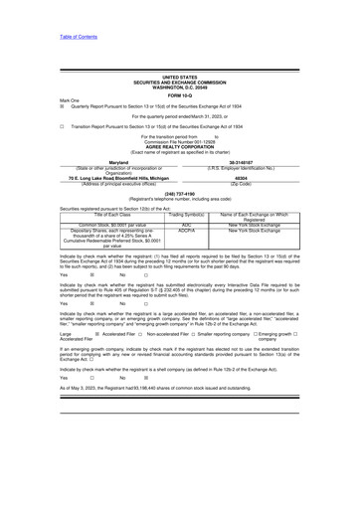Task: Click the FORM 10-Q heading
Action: click(x=179, y=94)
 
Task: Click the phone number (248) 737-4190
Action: click(x=179, y=194)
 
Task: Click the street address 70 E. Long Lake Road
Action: click(x=91, y=179)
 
